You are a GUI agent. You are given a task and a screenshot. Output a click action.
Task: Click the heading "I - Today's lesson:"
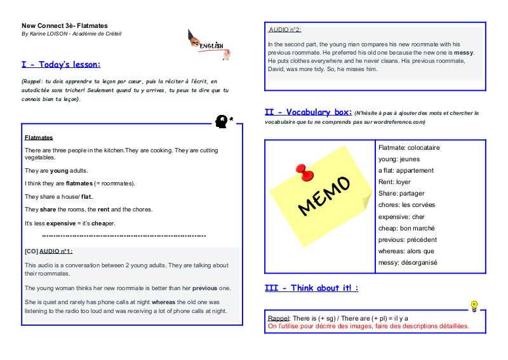61,65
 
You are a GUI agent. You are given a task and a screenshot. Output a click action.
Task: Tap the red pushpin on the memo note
304,172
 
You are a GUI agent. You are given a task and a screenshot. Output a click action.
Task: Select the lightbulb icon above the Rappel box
473,305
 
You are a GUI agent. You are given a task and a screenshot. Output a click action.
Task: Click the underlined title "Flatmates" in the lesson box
39,137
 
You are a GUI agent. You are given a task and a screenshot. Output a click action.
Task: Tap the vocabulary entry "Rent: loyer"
394,182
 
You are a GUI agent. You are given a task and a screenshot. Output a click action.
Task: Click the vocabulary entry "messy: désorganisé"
408,262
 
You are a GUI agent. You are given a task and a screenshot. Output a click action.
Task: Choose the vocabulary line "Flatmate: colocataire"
408,147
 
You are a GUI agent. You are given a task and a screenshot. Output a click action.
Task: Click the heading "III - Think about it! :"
311,288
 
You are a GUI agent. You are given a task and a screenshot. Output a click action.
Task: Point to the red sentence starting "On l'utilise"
368,326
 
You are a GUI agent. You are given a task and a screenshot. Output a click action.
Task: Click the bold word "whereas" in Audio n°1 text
163,302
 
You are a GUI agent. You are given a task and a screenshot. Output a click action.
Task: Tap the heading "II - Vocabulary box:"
307,112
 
